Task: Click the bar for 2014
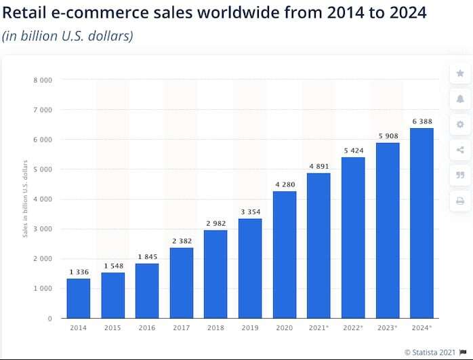79,298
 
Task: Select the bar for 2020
284,254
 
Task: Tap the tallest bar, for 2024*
421,223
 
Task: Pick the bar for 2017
182,283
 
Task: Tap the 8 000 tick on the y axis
43,80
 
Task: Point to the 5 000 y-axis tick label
43,169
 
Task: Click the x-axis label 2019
250,328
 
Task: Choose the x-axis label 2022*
353,328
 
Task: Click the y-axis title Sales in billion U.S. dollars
26,199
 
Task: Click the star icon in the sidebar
460,73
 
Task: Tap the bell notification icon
460,99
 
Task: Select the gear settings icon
460,124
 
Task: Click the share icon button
460,150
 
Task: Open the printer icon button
460,201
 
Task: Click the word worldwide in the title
224,13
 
